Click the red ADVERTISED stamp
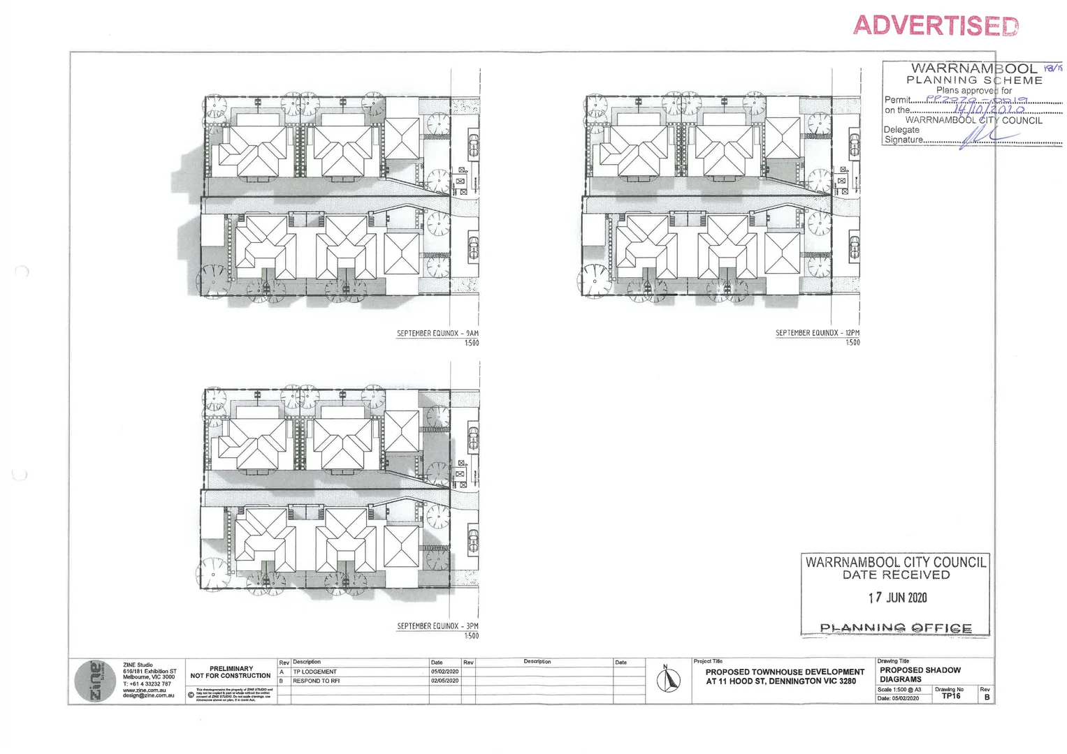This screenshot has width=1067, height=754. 935,26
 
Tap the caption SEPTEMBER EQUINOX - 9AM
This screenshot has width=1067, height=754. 437,334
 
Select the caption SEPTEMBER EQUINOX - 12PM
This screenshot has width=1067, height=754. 817,333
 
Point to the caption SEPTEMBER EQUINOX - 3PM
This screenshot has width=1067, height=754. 437,626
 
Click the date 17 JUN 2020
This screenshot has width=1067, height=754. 897,598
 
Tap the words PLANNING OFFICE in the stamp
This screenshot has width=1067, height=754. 895,628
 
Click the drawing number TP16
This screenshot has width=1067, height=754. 951,696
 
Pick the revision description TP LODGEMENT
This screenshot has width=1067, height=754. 314,672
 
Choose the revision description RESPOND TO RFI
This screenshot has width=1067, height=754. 316,681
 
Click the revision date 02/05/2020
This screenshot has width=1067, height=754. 444,681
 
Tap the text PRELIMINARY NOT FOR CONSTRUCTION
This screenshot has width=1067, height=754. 231,672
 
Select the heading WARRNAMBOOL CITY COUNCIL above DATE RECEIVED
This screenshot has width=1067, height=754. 896,563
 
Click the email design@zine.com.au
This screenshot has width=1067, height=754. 148,696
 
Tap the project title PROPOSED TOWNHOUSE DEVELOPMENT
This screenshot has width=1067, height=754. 785,672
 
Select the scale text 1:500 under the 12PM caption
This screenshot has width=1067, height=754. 852,343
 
